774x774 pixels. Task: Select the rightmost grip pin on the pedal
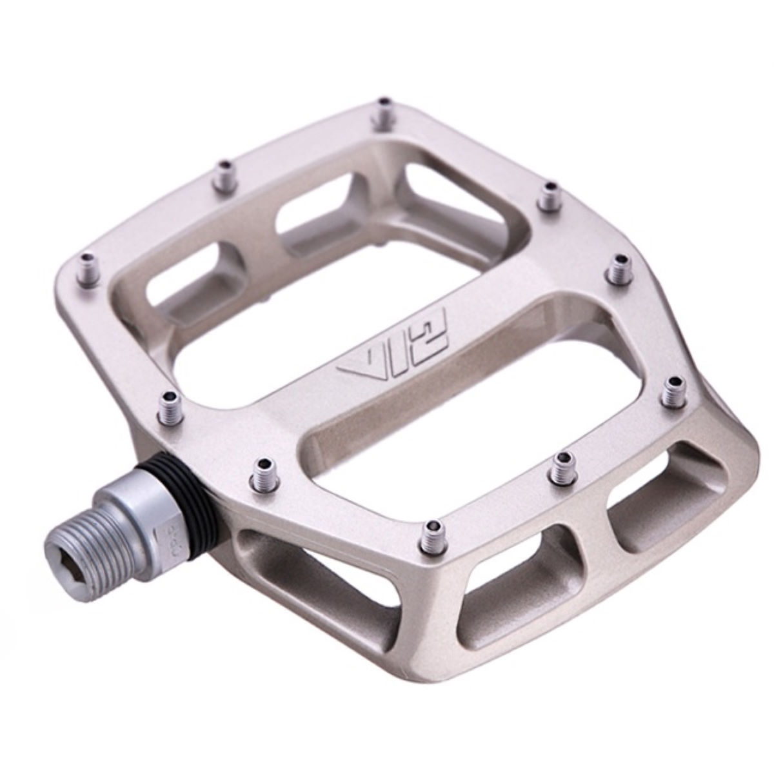pyautogui.click(x=676, y=390)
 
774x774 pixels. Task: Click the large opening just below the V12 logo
pyautogui.click(x=451, y=413)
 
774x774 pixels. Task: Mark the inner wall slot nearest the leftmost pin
pyautogui.click(x=193, y=290)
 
